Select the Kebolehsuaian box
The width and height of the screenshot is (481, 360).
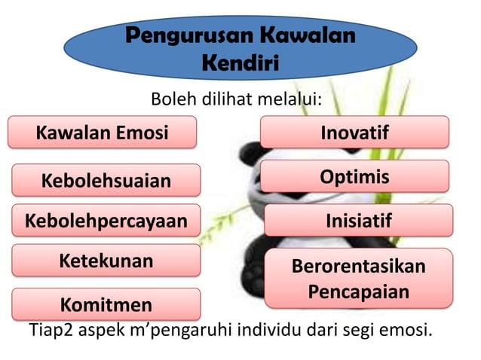106,181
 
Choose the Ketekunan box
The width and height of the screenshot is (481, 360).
106,261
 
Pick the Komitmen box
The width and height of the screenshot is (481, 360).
106,304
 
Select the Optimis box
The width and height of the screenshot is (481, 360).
354,177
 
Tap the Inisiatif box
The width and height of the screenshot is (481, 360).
358,221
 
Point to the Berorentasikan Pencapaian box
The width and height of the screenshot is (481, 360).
358,279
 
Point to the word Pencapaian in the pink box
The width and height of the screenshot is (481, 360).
358,291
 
